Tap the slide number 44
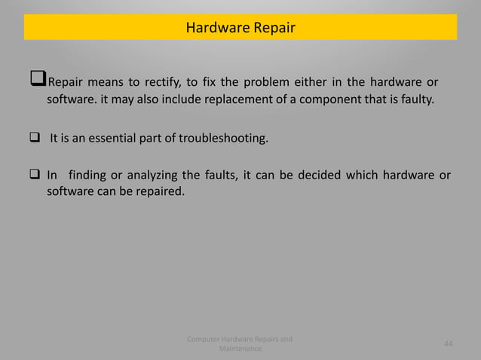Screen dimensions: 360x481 tap(448, 344)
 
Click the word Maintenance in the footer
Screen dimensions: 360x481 tap(240, 349)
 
